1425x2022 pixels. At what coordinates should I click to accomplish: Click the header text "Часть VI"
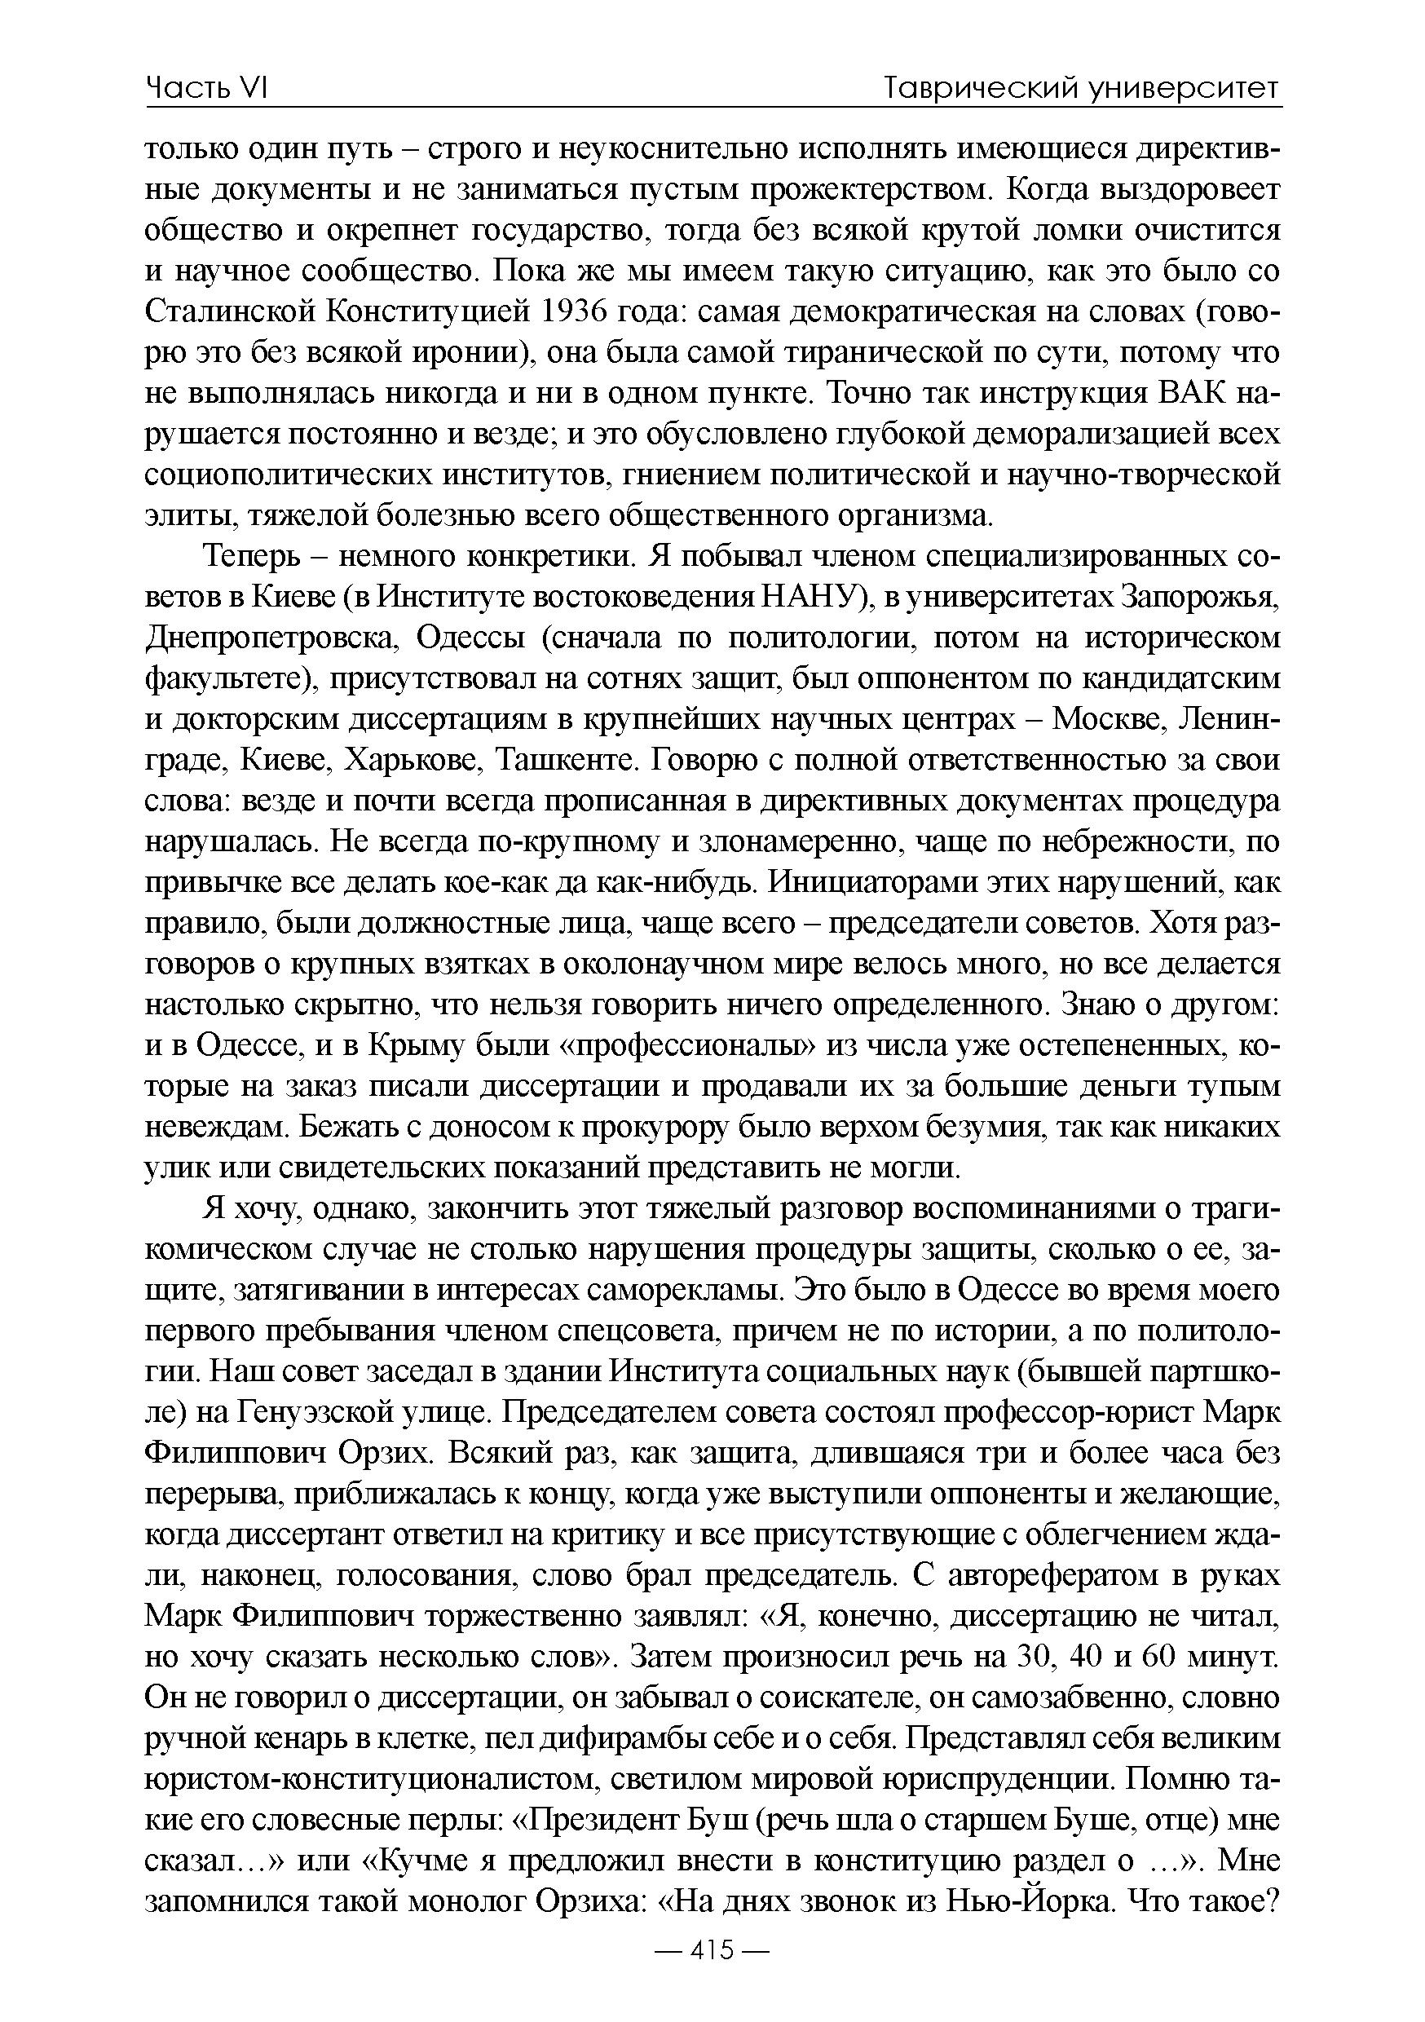pos(207,88)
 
